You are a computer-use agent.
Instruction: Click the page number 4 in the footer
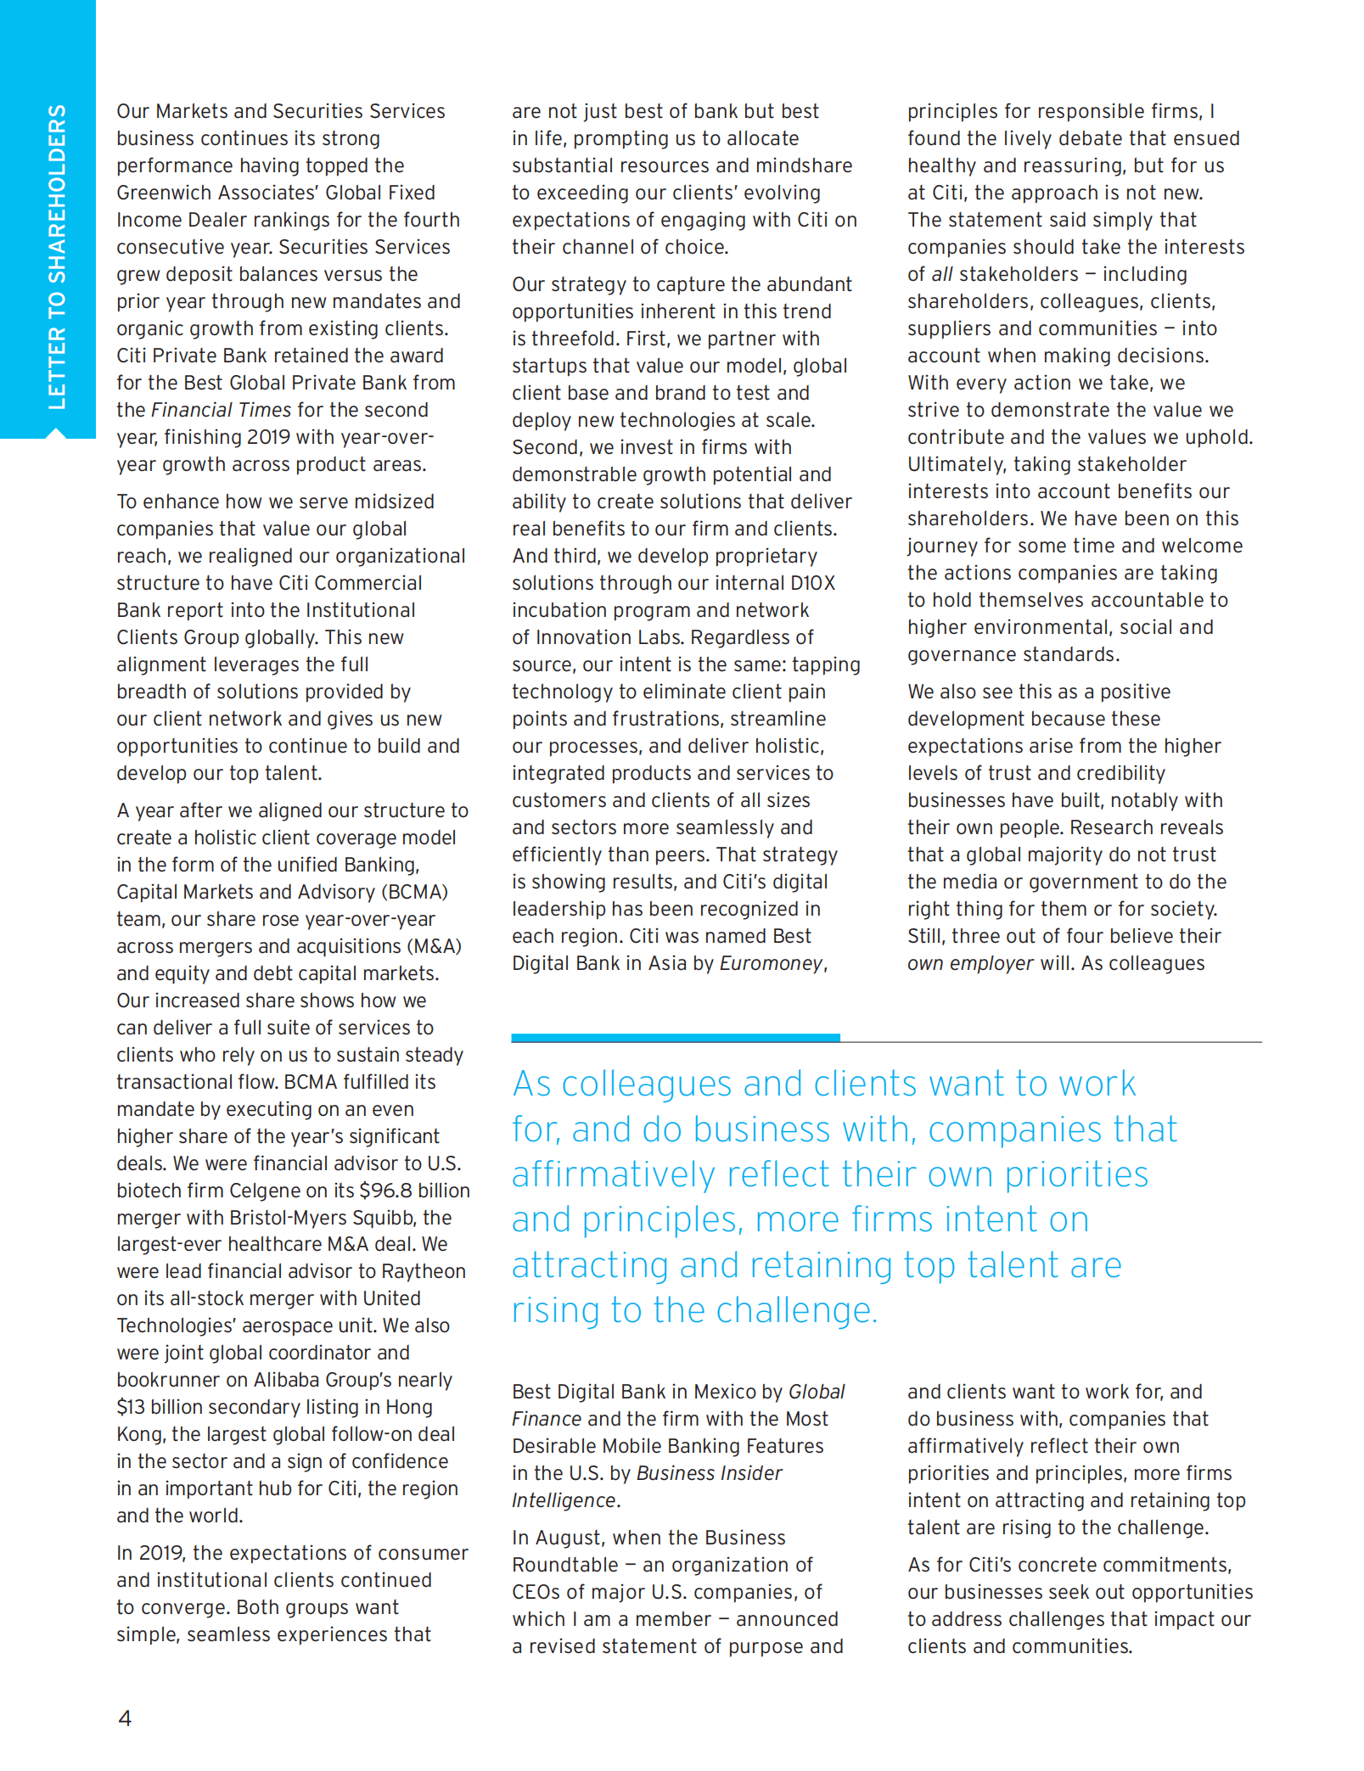125,1718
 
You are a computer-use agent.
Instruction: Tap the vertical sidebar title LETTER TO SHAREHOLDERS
57,256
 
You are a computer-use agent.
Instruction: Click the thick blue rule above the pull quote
675,1037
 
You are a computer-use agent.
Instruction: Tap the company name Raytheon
424,1271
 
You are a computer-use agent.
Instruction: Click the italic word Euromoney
771,963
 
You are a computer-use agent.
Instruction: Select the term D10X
813,583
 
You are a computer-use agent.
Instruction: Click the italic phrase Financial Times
221,410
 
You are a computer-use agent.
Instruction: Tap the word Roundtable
564,1565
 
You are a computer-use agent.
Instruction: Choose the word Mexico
725,1392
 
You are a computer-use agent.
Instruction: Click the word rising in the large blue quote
555,1311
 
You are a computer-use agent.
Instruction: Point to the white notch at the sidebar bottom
55,434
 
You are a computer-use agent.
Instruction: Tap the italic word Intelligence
564,1500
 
